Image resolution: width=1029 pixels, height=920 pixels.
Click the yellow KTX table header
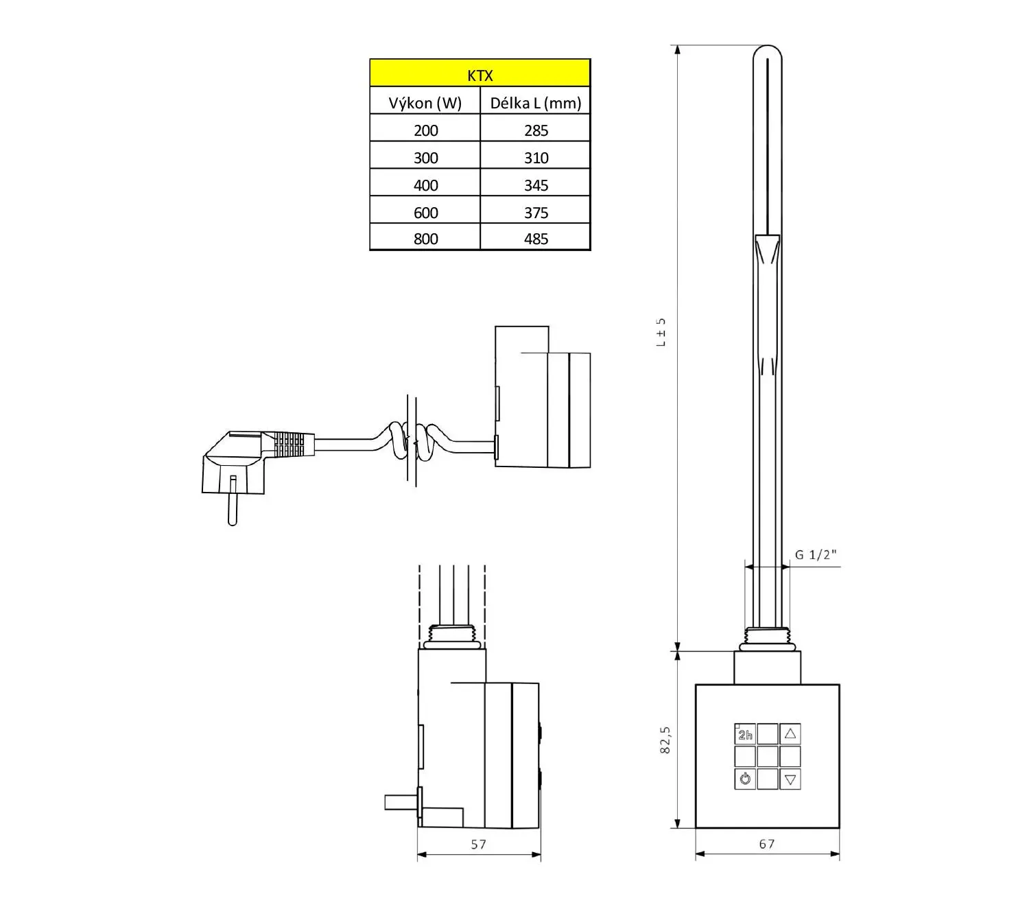480,73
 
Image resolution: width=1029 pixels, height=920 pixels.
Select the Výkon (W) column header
425,103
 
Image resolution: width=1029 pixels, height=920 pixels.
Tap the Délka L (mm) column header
535,103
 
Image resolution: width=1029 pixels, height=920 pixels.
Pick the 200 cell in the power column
425,130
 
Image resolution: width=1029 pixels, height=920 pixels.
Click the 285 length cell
536,130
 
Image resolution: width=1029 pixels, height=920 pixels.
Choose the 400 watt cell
425,185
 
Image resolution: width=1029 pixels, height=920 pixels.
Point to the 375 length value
536,213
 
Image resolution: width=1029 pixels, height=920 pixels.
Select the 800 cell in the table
425,239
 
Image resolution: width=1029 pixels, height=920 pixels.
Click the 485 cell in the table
536,239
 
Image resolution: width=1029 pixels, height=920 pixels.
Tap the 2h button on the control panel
745,735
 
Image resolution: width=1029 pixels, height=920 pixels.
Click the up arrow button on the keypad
790,734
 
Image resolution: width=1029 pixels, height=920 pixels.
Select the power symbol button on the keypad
745,779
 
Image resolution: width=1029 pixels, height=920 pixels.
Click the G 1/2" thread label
816,554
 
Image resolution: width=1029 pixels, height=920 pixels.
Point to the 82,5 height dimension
665,740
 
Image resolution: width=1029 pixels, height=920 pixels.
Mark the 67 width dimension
767,844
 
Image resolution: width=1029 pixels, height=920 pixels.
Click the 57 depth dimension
478,844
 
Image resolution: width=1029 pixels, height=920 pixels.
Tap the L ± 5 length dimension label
661,332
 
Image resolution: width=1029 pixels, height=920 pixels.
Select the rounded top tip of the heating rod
767,51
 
